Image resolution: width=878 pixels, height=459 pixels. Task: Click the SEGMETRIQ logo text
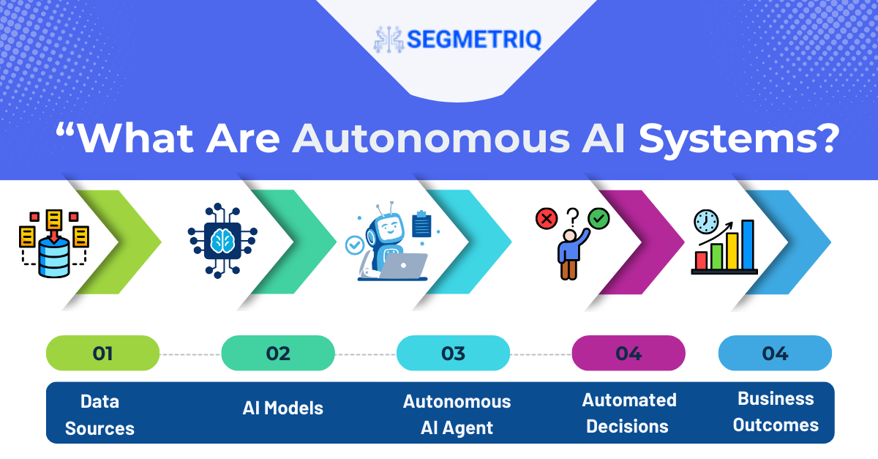[x=474, y=40]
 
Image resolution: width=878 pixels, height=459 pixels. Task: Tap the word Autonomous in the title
[x=431, y=138]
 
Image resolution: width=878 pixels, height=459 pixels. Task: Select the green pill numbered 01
[x=102, y=353]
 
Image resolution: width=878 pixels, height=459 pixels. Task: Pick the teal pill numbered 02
[x=278, y=353]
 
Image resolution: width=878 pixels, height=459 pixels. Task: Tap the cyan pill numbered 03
[x=453, y=353]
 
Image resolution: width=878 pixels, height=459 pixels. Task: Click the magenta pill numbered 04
[x=629, y=353]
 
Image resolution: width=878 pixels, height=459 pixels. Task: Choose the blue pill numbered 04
[x=775, y=353]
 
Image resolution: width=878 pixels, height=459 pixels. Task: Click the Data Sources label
[x=100, y=414]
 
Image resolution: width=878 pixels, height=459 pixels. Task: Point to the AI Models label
[x=282, y=408]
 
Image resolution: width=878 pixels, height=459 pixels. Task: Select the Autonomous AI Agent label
[x=457, y=414]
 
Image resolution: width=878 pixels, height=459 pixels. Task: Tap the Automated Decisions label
[x=629, y=413]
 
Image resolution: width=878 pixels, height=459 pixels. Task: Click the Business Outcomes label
[x=776, y=411]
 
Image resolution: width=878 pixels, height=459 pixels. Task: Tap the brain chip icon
[x=222, y=241]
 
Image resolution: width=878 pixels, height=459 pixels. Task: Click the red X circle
[x=547, y=218]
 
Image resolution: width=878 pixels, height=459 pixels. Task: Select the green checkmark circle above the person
[x=599, y=218]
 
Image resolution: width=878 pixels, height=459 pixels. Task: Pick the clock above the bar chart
[x=706, y=222]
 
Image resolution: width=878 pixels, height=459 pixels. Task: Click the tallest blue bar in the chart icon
[x=748, y=245]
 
